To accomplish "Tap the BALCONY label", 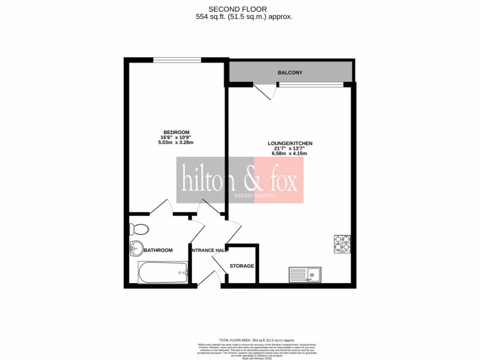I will [290, 73].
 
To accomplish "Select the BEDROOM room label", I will [176, 132].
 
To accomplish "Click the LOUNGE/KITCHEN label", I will [290, 143].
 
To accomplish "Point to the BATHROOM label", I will [158, 250].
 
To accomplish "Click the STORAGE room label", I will [241, 266].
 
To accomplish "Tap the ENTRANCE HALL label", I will [210, 250].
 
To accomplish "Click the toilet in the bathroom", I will [139, 229].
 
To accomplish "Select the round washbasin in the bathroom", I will [136, 248].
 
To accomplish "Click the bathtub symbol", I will [163, 272].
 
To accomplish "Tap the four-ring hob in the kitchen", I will [342, 243].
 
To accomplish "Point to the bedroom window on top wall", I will [177, 60].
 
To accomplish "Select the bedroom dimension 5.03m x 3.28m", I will [176, 142].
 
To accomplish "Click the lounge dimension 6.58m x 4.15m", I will [290, 154].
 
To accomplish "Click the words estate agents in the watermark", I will [255, 195].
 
